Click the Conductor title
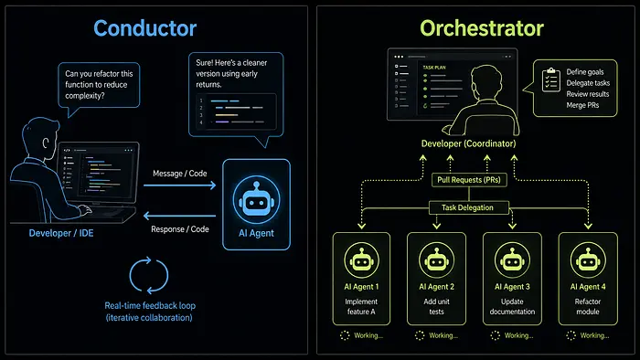tap(144, 28)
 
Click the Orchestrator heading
tap(482, 28)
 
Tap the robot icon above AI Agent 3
tap(512, 259)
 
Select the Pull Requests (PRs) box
tap(469, 180)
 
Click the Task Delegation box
tap(468, 207)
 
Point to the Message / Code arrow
tap(179, 185)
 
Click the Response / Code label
tap(180, 229)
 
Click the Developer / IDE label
tap(61, 233)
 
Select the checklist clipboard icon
tap(550, 79)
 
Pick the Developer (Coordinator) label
tap(468, 144)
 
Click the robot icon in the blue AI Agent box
tap(256, 200)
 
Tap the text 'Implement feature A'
tap(361, 307)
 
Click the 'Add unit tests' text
tap(436, 307)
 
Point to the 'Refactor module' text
tap(588, 307)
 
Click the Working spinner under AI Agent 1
tap(345, 335)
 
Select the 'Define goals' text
tap(585, 72)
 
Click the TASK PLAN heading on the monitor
tap(434, 68)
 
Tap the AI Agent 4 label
tap(588, 287)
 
